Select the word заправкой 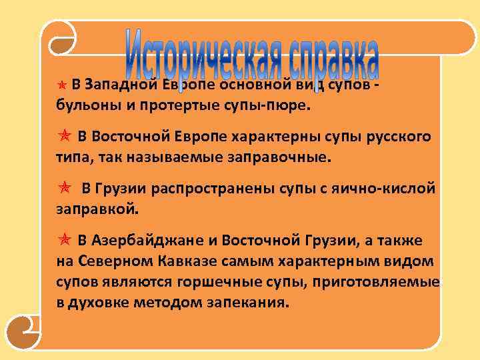pos(98,209)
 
